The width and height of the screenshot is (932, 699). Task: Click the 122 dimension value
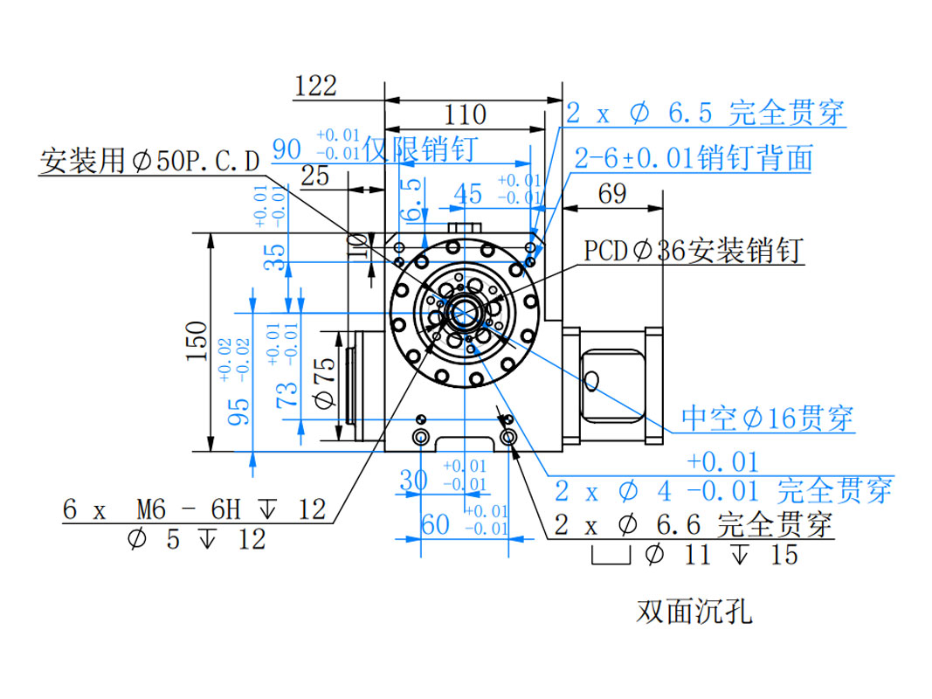click(x=315, y=86)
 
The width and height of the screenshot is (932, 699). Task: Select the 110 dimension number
click(x=465, y=114)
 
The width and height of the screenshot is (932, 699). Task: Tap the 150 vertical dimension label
click(x=197, y=342)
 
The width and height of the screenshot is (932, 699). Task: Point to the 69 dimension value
click(x=611, y=193)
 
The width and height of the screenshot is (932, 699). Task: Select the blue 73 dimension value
click(x=286, y=395)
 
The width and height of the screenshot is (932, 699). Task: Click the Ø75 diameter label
click(x=324, y=384)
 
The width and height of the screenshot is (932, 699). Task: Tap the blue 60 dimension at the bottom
click(x=435, y=525)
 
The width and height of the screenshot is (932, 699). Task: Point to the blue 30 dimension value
click(x=413, y=480)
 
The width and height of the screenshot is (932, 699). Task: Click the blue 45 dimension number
click(x=469, y=194)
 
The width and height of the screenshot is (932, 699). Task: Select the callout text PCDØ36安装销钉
click(x=694, y=252)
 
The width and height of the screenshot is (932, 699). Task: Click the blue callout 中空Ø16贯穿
click(x=767, y=419)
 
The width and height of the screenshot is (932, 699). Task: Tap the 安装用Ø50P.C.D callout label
click(x=150, y=161)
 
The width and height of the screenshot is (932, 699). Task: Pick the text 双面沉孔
click(x=694, y=612)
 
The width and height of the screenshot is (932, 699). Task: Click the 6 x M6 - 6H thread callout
click(x=194, y=509)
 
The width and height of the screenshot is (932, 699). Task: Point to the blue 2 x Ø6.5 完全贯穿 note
click(x=705, y=113)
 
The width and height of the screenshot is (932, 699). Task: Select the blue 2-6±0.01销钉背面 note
click(x=694, y=158)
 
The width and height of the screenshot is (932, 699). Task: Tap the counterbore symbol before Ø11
click(x=611, y=554)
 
